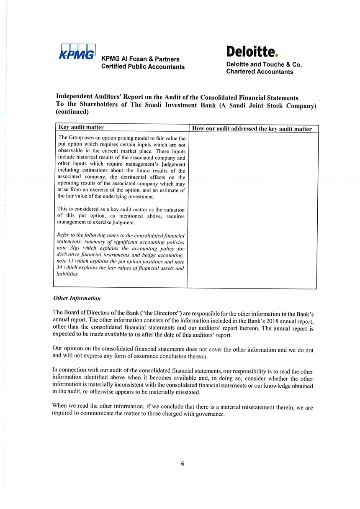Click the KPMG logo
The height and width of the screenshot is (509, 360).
(78, 53)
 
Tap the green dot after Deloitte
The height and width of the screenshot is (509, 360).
(277, 56)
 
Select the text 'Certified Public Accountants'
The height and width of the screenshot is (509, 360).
(143, 67)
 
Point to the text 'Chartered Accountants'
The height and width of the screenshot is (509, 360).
(260, 72)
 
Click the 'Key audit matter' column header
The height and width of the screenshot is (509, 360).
(81, 128)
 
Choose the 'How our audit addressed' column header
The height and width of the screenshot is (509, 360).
(252, 129)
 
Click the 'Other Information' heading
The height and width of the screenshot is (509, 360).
(77, 298)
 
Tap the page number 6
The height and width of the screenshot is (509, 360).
(183, 463)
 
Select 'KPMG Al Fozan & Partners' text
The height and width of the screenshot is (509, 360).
(140, 59)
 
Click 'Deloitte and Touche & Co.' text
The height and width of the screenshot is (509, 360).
(264, 65)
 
